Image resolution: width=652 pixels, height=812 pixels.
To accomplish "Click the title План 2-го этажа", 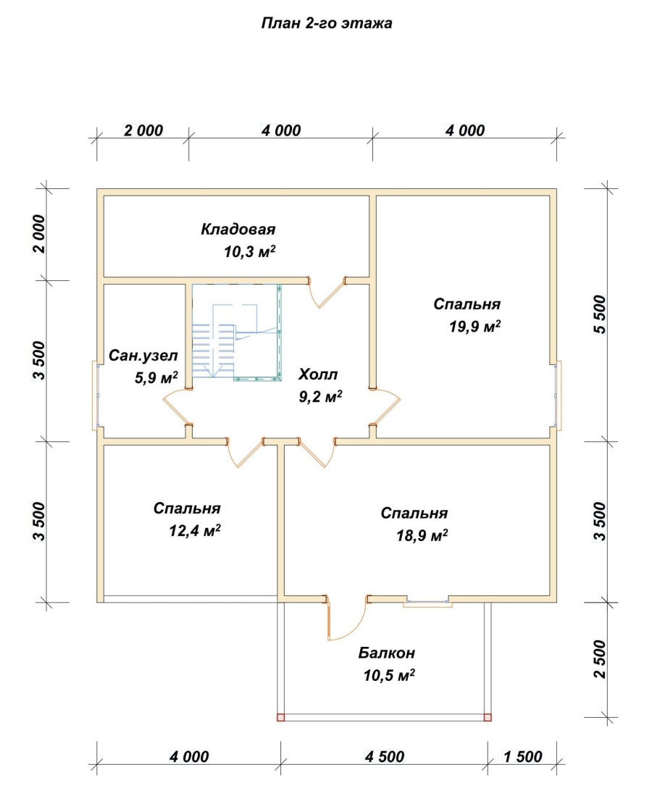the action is tap(326, 23).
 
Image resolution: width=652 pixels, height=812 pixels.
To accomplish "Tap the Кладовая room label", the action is tap(238, 229).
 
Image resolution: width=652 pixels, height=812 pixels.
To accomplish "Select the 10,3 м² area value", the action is tap(249, 251).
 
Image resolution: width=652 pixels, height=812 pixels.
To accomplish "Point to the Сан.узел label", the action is tap(143, 356).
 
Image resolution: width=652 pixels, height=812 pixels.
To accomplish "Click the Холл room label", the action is tap(318, 374).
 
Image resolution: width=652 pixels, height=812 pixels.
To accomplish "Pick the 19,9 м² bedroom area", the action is tap(475, 326).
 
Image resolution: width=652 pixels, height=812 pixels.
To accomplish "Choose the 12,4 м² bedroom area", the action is tap(195, 530).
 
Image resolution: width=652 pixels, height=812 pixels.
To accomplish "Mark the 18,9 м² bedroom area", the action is tap(422, 535).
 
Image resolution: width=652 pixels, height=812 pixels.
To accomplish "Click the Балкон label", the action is tap(386, 653).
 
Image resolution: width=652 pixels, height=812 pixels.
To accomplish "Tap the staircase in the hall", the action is tap(236, 332).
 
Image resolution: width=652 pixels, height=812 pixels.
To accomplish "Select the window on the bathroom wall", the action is tap(97, 395).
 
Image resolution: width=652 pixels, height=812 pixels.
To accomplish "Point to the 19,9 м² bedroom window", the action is tap(557, 395).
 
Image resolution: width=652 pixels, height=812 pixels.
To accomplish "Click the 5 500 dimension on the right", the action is tap(599, 314).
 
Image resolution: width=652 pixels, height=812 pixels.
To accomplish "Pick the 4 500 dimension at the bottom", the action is tap(384, 757).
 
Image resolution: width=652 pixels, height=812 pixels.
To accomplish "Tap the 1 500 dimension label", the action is tap(522, 757).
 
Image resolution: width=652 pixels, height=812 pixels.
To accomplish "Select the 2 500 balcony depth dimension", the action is tap(599, 659).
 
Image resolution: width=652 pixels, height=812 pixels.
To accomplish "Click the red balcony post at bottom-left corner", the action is tap(280, 717).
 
